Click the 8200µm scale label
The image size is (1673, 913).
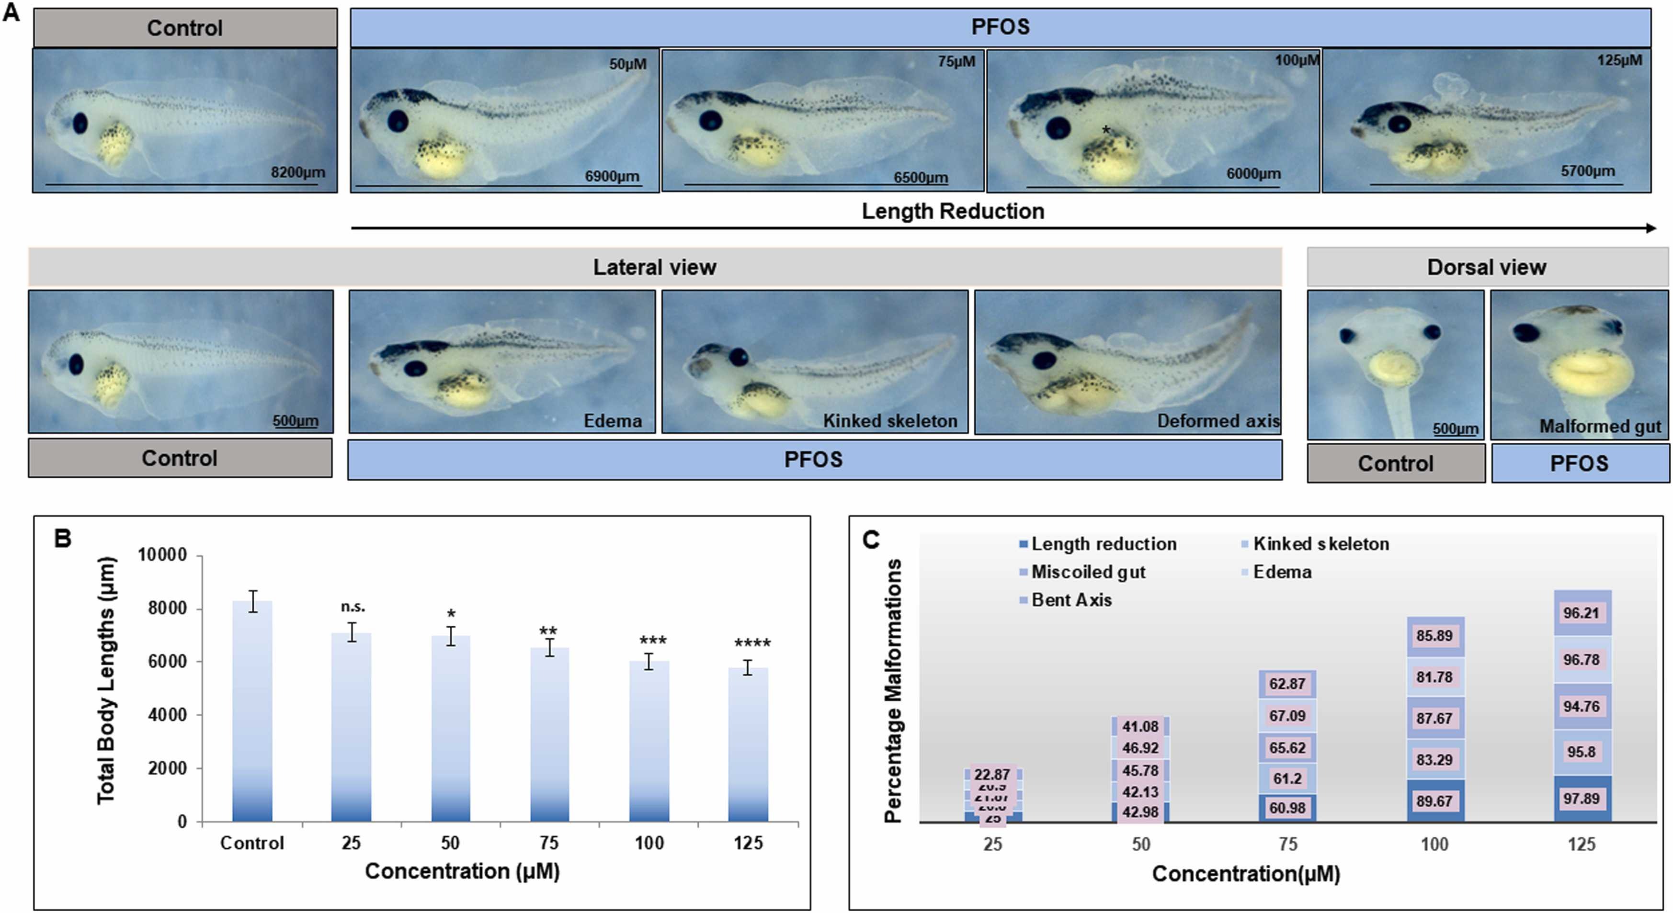pos(297,173)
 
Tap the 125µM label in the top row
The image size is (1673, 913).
pos(1619,60)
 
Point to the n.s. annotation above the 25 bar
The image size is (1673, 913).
pos(353,607)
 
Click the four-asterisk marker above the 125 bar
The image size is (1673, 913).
pos(752,643)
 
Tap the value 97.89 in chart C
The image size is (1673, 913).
pos(1581,799)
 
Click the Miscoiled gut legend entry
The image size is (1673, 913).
pos(1088,572)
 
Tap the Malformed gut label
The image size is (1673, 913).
pos(1600,427)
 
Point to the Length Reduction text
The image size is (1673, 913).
pos(953,211)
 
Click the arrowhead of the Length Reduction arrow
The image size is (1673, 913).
pos(1651,228)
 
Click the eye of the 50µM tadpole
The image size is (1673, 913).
pos(398,122)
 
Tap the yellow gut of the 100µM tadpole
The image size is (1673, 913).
pos(1114,162)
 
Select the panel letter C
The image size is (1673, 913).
pos(870,539)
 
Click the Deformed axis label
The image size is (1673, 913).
pos(1218,421)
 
